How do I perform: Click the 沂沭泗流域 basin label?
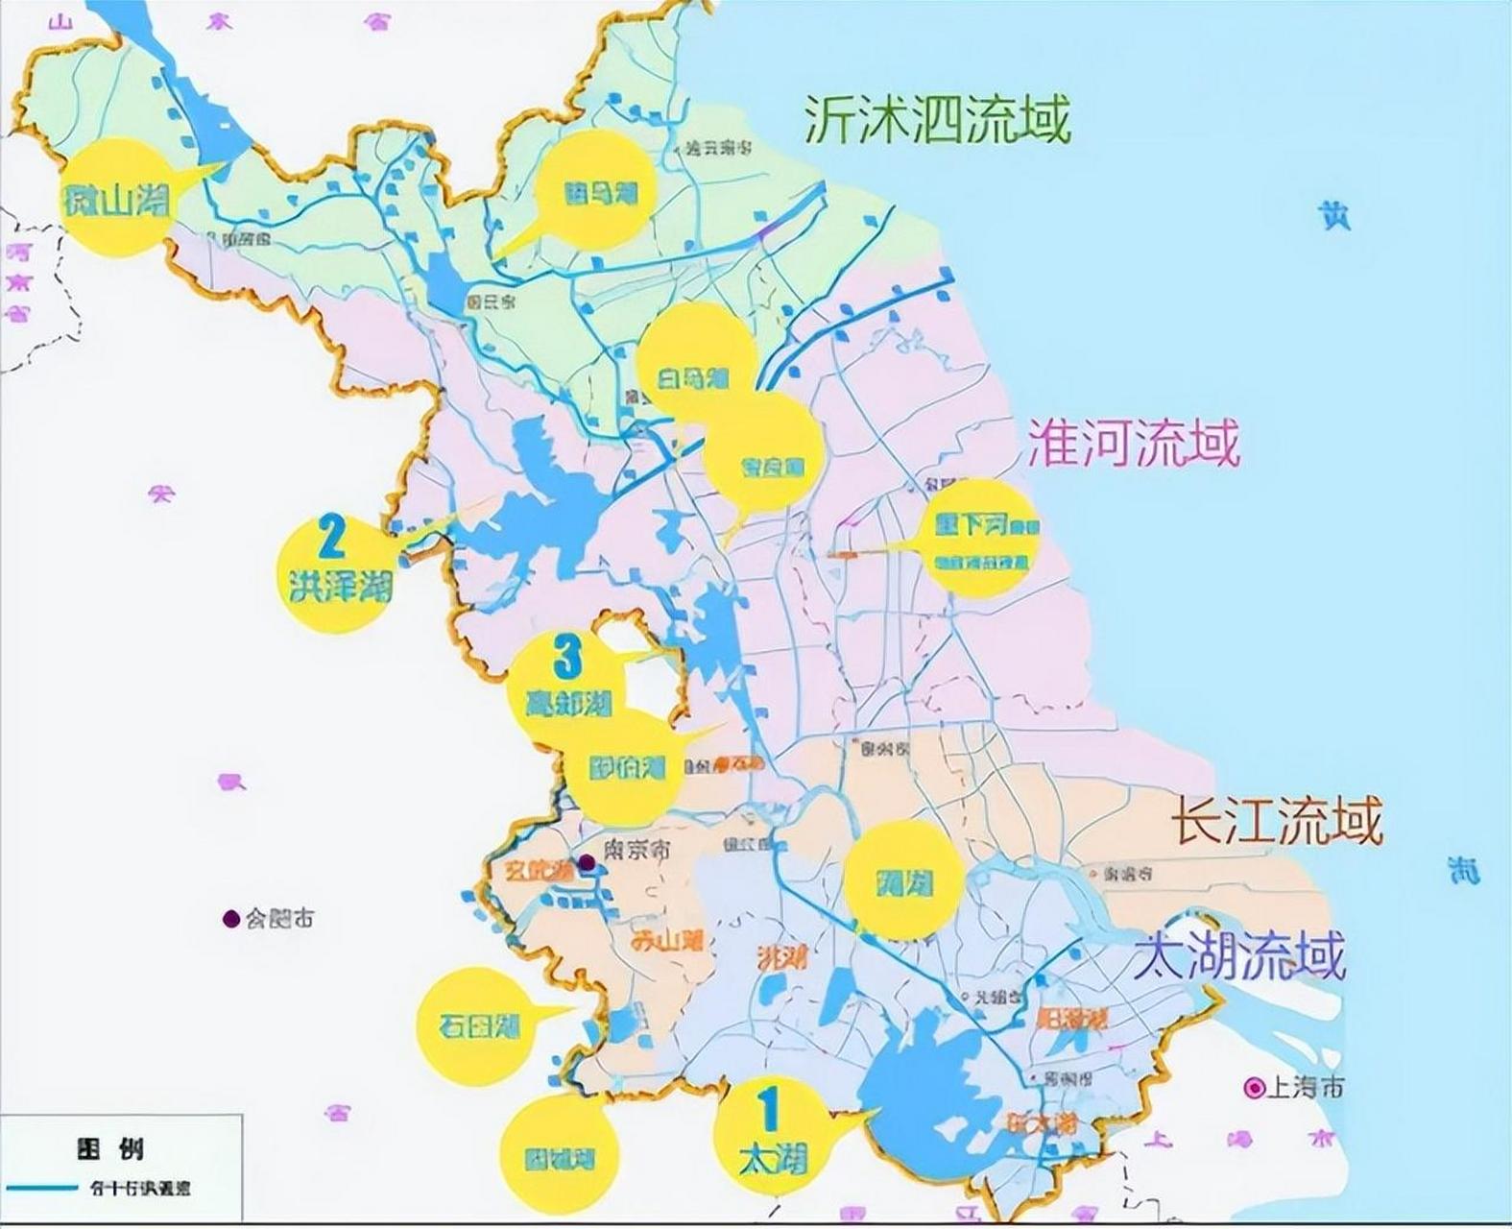(x=936, y=120)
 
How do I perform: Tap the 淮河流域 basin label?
(x=1134, y=443)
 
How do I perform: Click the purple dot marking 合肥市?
(x=230, y=919)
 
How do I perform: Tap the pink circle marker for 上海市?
(x=1254, y=1088)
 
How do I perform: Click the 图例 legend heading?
(x=110, y=1148)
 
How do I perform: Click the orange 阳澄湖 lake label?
(x=1073, y=1018)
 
